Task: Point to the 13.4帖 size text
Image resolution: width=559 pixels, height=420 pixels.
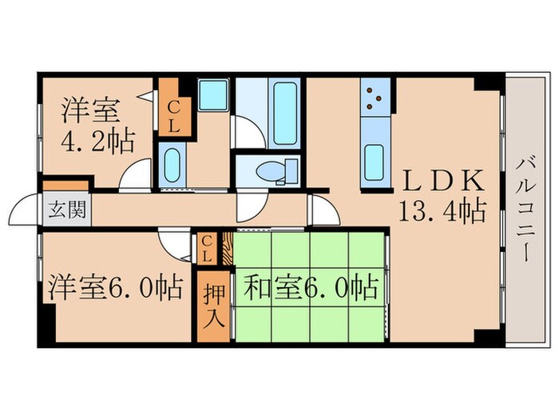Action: [x=444, y=210]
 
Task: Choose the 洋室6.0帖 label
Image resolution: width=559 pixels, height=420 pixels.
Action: [x=117, y=286]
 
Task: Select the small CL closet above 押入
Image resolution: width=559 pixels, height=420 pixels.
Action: [x=207, y=248]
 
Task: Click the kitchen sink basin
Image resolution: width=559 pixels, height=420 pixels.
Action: [x=374, y=163]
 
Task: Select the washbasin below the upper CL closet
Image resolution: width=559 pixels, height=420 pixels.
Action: [x=172, y=166]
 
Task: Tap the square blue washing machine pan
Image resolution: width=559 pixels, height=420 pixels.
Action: [x=213, y=97]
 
